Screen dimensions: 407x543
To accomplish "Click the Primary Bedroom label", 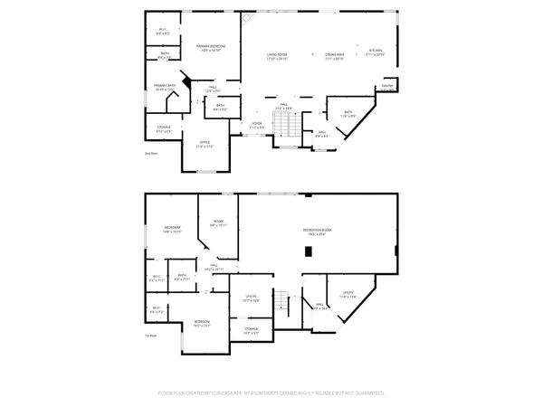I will coord(212,47).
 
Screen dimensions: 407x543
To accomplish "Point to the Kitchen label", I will coord(376,52).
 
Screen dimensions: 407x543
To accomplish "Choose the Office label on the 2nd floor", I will coord(204,143).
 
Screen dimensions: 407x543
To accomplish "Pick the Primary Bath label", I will coord(164,89).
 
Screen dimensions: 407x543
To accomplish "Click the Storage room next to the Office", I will coord(164,128).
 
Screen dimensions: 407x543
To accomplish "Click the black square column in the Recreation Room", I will coord(308,251).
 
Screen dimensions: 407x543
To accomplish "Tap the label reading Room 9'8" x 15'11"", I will coord(218,223).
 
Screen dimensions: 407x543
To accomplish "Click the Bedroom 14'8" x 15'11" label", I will coord(172,229).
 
